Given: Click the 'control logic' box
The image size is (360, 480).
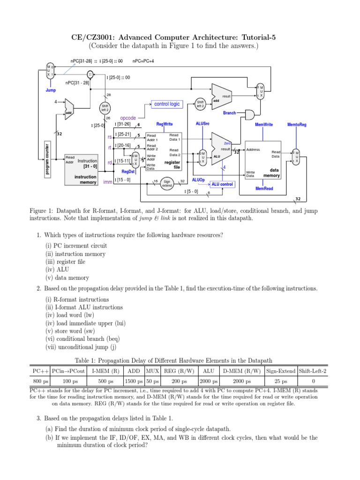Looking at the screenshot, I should (x=166, y=104).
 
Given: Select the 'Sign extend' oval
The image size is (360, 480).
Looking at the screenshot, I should (x=167, y=183).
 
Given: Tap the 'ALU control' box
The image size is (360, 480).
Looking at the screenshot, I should (x=222, y=184).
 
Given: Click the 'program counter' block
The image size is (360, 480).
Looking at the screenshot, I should (x=47, y=159).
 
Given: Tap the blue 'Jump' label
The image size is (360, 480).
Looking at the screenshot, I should (x=51, y=90).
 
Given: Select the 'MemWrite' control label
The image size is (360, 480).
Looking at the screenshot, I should (x=263, y=125).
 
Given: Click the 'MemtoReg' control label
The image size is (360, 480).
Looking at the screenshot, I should (x=297, y=125).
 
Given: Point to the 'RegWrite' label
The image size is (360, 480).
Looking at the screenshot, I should (x=165, y=124).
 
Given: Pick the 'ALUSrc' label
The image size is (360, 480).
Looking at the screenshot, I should (x=202, y=124).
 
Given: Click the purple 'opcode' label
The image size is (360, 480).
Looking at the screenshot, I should (x=128, y=118).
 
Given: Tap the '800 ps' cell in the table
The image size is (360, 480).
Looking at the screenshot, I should (x=40, y=382).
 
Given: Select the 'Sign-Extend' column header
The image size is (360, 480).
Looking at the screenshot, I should (x=280, y=371).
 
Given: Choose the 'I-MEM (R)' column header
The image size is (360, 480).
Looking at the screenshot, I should (x=105, y=371).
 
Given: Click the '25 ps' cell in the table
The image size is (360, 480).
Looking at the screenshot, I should (x=280, y=382).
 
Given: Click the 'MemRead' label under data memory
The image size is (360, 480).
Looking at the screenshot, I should (x=264, y=188).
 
